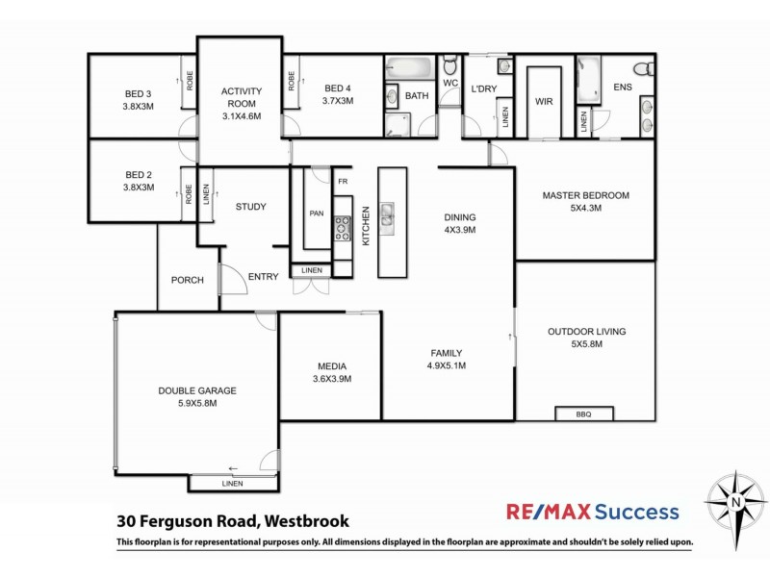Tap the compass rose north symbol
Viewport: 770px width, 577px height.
click(735, 501)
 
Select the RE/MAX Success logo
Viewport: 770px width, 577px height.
click(593, 513)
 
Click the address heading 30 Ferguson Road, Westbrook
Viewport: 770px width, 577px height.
click(232, 522)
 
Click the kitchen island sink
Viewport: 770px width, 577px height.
click(386, 216)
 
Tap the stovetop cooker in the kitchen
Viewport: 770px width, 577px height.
click(342, 229)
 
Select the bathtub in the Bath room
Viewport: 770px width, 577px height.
click(409, 69)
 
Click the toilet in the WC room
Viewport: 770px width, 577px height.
click(449, 67)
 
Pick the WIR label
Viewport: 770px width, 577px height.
click(544, 101)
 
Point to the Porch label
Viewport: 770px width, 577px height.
click(187, 281)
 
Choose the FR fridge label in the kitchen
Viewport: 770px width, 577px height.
click(341, 181)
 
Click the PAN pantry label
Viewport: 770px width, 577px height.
click(316, 213)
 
